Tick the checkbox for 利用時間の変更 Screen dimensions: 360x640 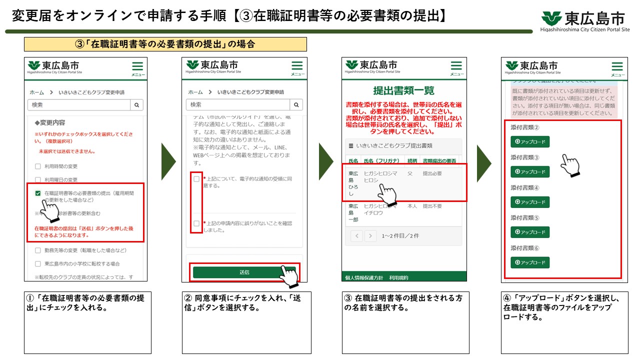(38, 166)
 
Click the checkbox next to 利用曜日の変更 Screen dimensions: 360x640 (38, 179)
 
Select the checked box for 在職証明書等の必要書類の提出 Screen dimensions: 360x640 (38, 193)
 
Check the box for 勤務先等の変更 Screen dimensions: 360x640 (38, 250)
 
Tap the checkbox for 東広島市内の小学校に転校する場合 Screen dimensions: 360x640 (38, 263)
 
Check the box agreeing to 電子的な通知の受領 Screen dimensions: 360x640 (196, 179)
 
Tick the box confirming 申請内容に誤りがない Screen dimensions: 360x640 (196, 223)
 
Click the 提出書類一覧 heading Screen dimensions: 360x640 (403, 90)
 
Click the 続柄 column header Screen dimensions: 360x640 (412, 161)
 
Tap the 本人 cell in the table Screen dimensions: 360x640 (412, 206)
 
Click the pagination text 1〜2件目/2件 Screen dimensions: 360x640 (400, 236)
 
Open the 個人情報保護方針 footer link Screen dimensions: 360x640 (364, 277)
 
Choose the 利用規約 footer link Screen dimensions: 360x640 (398, 277)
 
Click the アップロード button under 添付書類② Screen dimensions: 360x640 (530, 142)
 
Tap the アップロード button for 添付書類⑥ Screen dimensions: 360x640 (530, 262)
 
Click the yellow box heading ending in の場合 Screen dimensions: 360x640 (165, 44)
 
